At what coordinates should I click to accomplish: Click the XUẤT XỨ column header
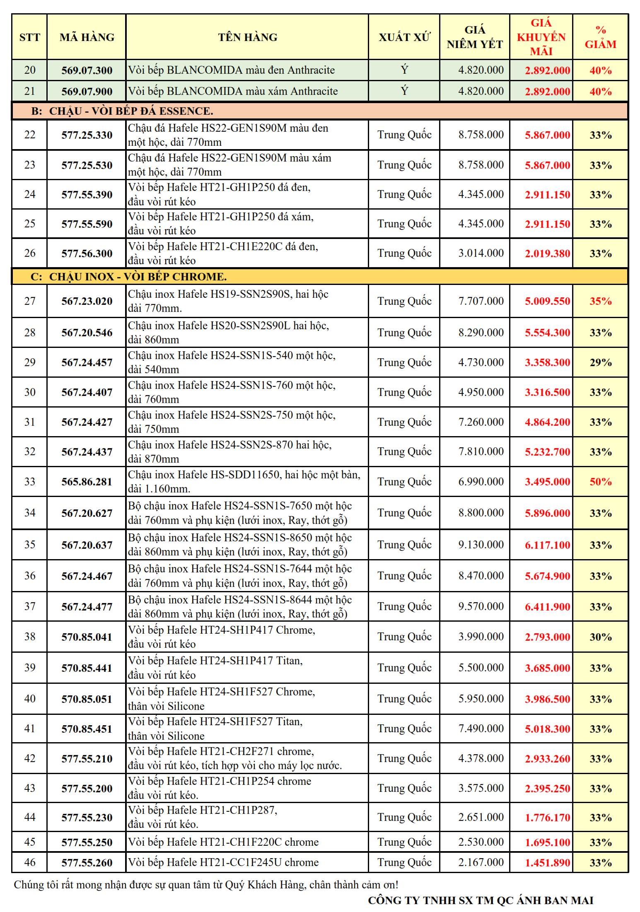(404, 37)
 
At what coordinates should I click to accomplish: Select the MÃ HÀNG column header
(87, 37)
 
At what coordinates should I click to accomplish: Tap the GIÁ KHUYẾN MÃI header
(541, 37)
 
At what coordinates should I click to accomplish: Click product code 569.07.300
(87, 70)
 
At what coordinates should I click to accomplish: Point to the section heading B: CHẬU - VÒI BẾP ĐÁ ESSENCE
(122, 111)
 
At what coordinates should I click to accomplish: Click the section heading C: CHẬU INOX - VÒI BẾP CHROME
(128, 277)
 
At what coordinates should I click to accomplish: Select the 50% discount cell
(601, 482)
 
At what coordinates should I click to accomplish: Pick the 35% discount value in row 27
(601, 301)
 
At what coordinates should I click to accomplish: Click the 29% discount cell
(601, 362)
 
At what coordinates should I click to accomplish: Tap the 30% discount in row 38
(601, 637)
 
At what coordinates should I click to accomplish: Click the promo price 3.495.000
(547, 482)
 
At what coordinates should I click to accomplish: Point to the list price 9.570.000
(481, 606)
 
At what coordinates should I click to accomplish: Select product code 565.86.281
(87, 482)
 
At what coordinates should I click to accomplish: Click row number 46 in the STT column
(30, 862)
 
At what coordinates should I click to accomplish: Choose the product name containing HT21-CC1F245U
(223, 862)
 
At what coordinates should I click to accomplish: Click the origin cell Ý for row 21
(404, 91)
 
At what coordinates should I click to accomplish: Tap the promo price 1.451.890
(547, 863)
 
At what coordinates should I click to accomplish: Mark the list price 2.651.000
(481, 817)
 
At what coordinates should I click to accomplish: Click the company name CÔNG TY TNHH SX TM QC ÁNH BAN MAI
(481, 900)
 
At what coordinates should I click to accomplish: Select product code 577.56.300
(87, 253)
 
